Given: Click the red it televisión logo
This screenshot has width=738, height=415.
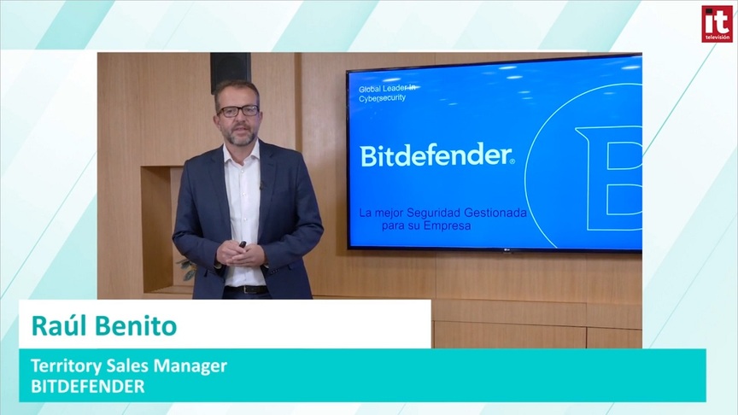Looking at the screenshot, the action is (x=717, y=24).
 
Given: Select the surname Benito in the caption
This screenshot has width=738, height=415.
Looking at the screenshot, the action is (x=136, y=325).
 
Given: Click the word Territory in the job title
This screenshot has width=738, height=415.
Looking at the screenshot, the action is (x=66, y=366).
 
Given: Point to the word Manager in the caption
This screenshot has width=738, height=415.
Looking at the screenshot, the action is (x=190, y=366).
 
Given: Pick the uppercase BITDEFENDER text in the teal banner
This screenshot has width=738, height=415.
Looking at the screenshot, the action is (x=88, y=386).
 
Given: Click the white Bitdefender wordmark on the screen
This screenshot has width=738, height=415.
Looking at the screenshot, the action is (x=437, y=155).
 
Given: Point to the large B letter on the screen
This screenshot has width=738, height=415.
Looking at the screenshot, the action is (x=609, y=178).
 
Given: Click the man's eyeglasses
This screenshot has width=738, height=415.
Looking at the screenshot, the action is (x=237, y=111).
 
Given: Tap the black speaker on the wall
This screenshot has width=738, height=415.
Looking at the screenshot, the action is (x=230, y=71).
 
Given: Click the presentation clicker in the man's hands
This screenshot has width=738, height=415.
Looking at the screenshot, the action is (x=243, y=245).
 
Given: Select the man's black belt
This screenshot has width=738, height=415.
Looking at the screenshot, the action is (x=246, y=289).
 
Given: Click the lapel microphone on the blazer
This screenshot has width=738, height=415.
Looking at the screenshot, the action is (x=261, y=185).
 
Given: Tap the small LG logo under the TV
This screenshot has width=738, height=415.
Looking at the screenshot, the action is (x=507, y=251).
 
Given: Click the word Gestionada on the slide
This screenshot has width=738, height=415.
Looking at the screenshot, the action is (x=495, y=213).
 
